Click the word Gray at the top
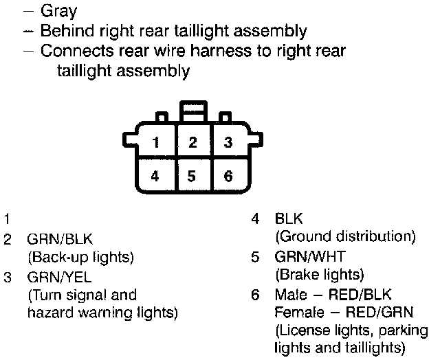tap(59, 11)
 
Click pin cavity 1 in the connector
tap(157, 143)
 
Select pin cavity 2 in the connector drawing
tap(193, 143)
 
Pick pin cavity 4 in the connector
tap(155, 176)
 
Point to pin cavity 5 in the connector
tap(192, 176)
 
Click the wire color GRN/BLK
tap(60, 240)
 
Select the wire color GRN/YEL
tap(59, 277)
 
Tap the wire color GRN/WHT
tap(310, 256)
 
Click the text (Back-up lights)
tap(80, 258)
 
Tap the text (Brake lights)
tap(319, 275)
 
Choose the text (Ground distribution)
tap(345, 238)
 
